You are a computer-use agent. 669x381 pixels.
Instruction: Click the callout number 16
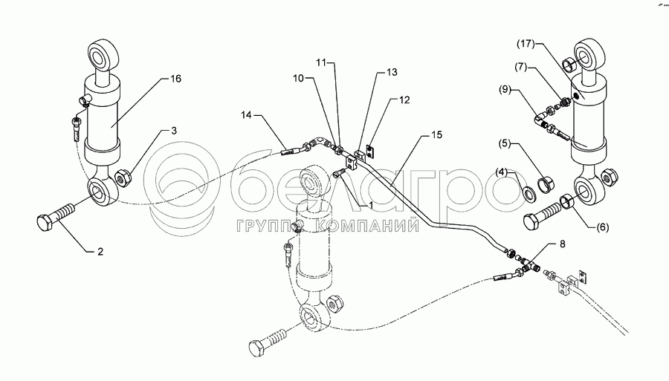tap(175, 78)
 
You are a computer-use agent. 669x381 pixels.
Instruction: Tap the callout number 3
tap(175, 131)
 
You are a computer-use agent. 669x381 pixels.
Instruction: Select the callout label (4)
tap(297, 77)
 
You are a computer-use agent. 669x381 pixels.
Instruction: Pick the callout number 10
tap(297, 77)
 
